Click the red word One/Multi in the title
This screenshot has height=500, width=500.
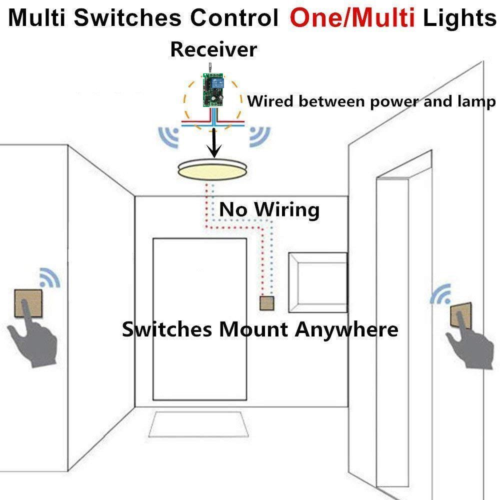[352, 18]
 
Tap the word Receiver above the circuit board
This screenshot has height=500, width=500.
[213, 49]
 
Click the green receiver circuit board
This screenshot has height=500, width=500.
[212, 90]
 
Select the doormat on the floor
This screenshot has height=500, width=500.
[199, 425]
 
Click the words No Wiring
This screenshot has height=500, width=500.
[269, 209]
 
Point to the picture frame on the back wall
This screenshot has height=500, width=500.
[318, 282]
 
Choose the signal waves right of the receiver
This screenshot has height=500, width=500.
[258, 135]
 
